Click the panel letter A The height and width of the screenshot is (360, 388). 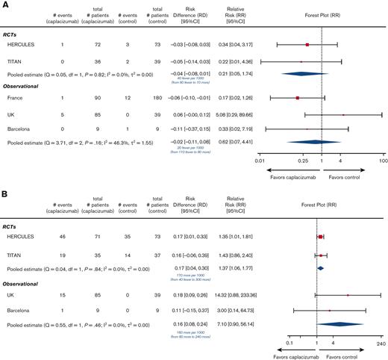5,5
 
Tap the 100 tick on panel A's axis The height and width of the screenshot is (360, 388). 382,160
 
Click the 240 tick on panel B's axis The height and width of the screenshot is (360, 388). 381,345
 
